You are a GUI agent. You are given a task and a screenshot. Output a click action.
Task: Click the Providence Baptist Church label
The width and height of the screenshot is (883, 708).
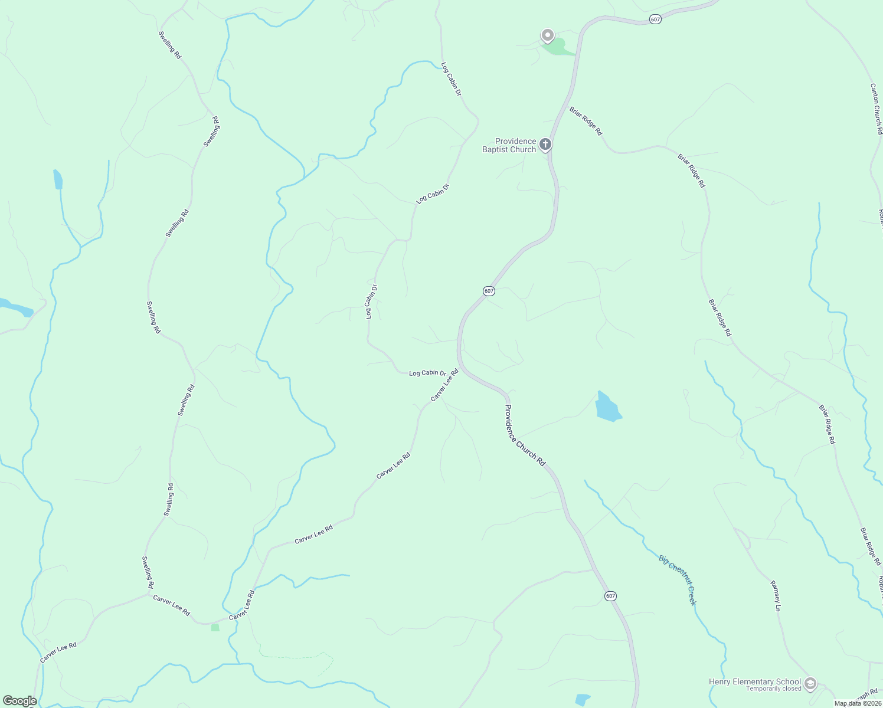point(509,145)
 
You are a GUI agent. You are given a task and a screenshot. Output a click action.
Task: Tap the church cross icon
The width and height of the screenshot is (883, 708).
point(545,143)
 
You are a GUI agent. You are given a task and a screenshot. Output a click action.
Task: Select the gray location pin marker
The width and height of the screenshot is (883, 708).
point(548,35)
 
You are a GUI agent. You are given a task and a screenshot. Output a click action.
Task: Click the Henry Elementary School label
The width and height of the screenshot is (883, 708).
point(755,681)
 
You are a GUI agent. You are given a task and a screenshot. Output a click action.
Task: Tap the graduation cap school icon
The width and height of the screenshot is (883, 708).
point(810,684)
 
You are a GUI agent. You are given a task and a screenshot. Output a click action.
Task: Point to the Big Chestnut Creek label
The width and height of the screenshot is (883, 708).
point(678,580)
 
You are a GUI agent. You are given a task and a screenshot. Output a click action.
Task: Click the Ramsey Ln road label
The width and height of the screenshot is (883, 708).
point(776,596)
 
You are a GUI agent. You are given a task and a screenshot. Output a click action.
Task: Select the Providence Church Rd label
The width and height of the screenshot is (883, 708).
point(525,435)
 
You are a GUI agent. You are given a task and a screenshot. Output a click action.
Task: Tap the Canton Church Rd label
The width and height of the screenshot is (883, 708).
point(876,109)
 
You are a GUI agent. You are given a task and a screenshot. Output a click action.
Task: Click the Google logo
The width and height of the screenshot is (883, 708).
point(19,701)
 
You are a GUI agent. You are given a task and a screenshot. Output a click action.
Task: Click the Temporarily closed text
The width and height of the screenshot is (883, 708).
point(773,689)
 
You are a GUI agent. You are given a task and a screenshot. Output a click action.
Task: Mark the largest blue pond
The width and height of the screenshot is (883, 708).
point(608,407)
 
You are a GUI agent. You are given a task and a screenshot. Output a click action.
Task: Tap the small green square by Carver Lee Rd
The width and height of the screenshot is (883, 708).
point(215,627)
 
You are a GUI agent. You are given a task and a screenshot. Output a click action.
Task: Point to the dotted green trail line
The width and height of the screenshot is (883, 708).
point(295,657)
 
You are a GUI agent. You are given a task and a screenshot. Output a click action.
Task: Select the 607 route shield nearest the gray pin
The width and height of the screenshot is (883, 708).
point(655,19)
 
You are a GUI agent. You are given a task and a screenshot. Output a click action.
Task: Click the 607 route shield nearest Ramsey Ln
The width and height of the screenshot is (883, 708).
point(610,596)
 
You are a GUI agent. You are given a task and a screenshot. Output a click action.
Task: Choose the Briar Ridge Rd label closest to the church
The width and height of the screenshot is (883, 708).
point(586,121)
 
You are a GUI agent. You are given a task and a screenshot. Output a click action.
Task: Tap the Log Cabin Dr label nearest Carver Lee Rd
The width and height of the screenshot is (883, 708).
point(427,373)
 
